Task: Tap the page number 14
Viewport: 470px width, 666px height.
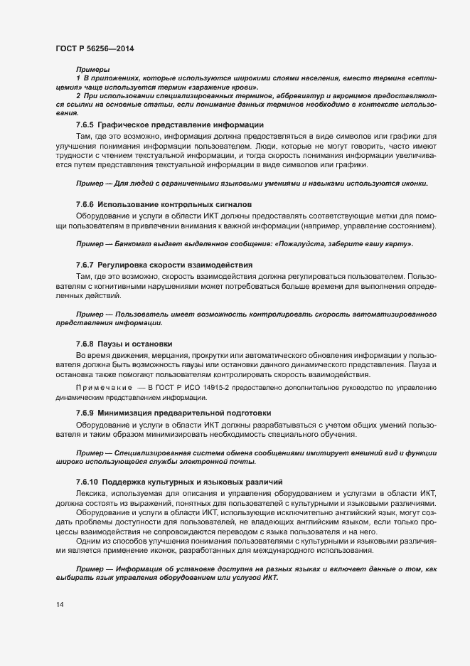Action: coord(60,605)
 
